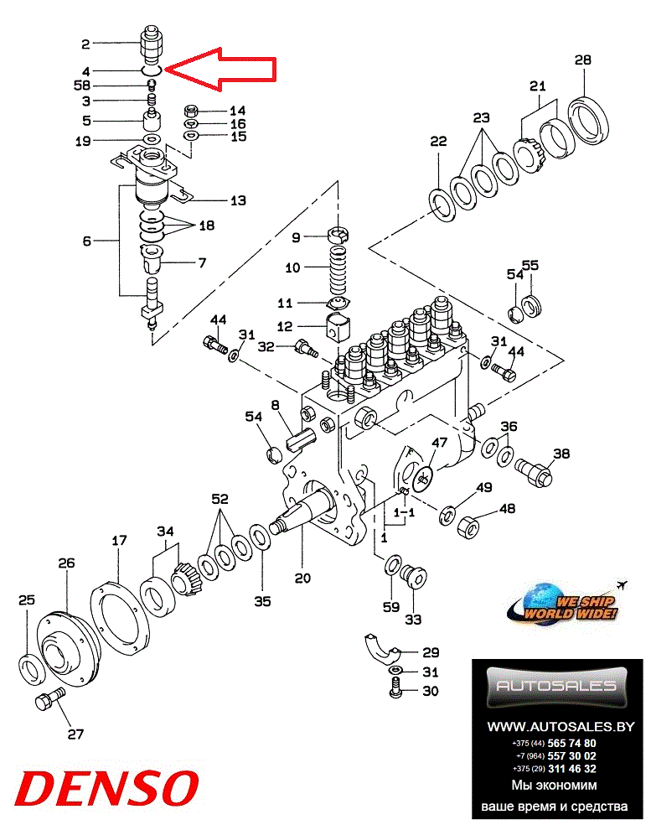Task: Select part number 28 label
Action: point(583,60)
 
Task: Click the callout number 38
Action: point(561,454)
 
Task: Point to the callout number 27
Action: point(75,734)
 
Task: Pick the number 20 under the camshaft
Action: point(302,578)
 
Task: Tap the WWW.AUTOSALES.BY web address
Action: point(561,727)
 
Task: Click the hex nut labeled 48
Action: point(469,526)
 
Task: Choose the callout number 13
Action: point(238,200)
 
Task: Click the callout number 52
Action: point(220,498)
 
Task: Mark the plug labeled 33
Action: point(414,577)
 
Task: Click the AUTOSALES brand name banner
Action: point(557,685)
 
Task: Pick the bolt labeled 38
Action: point(533,468)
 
